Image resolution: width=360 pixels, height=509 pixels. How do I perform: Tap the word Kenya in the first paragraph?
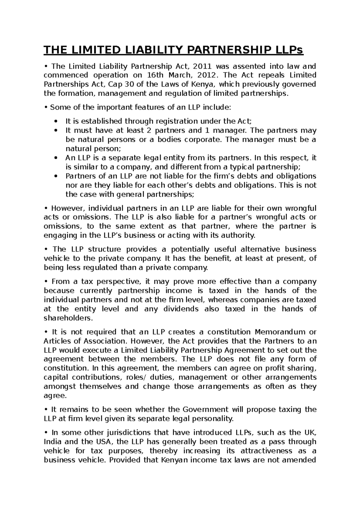point(201,84)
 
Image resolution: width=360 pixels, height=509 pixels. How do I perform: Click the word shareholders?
point(68,318)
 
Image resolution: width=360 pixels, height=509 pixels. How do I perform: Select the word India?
point(52,442)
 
